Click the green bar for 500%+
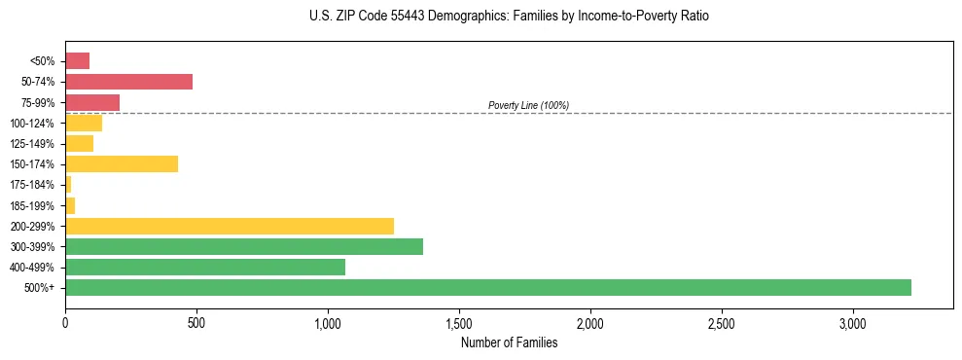[487, 287]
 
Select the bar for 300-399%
[243, 246]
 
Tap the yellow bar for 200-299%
[229, 226]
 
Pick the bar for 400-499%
[204, 267]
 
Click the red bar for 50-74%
[128, 82]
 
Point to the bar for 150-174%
[121, 163]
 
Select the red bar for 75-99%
[92, 102]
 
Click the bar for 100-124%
[84, 123]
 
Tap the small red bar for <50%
[78, 61]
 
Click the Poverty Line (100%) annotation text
[528, 105]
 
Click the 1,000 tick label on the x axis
[328, 322]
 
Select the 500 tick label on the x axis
[196, 322]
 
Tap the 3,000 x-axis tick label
[853, 322]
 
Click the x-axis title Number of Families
[509, 342]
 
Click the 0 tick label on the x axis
[65, 322]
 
